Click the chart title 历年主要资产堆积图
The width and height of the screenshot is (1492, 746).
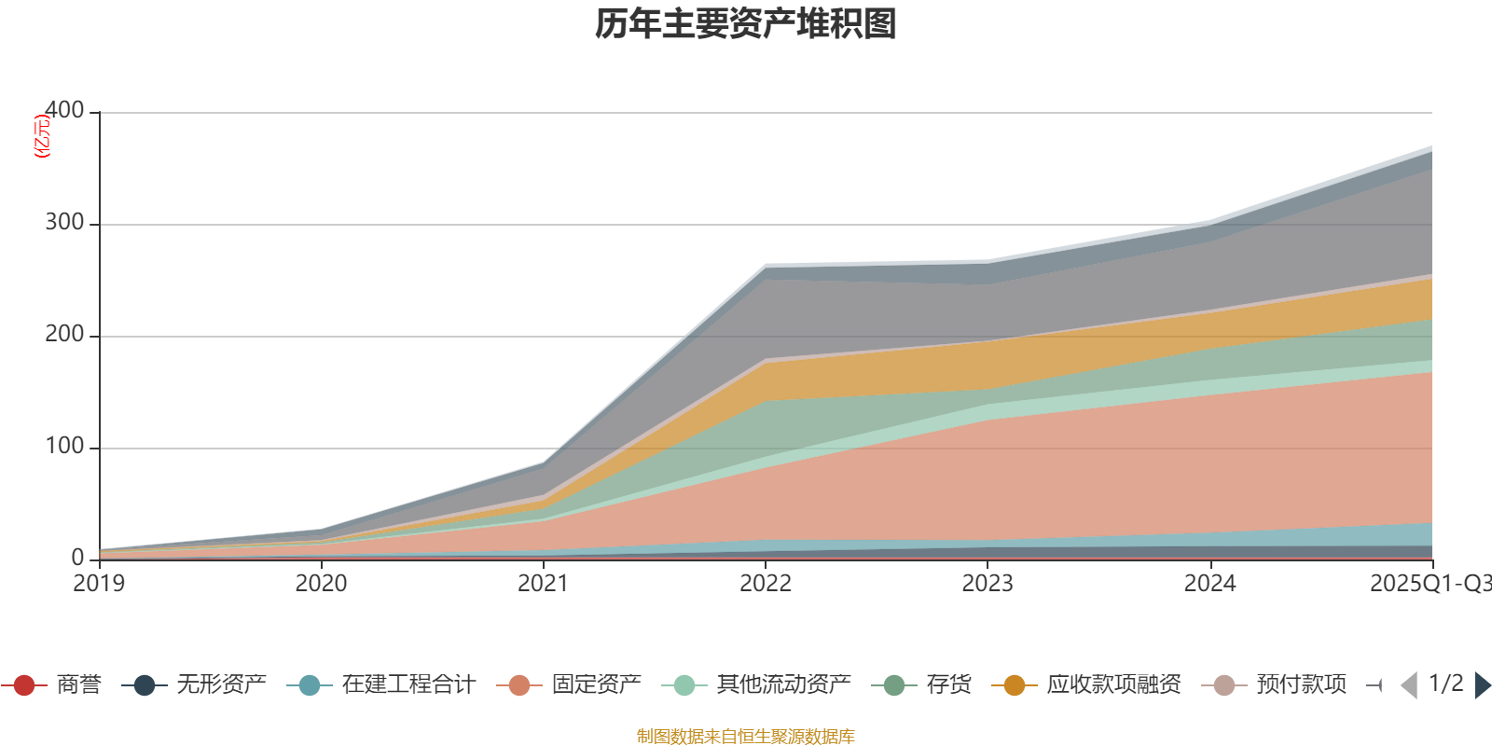click(746, 24)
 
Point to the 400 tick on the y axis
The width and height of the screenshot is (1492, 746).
click(64, 111)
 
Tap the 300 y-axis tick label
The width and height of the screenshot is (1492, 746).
click(64, 223)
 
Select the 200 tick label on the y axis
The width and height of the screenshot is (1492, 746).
click(64, 335)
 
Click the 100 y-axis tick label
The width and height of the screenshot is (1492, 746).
click(64, 447)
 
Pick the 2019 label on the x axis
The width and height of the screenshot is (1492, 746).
click(99, 584)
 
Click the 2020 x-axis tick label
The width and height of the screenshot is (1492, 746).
click(321, 584)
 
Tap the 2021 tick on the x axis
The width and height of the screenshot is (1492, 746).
click(543, 584)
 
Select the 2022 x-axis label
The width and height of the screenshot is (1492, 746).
click(765, 584)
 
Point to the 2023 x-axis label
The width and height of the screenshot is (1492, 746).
click(988, 584)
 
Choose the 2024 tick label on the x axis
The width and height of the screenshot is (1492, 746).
click(1209, 584)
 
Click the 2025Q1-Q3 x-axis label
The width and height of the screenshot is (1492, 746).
click(1429, 584)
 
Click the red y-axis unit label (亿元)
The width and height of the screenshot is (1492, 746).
click(42, 137)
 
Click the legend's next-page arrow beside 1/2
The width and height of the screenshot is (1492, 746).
click(1483, 685)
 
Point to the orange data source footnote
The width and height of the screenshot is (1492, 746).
click(746, 737)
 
